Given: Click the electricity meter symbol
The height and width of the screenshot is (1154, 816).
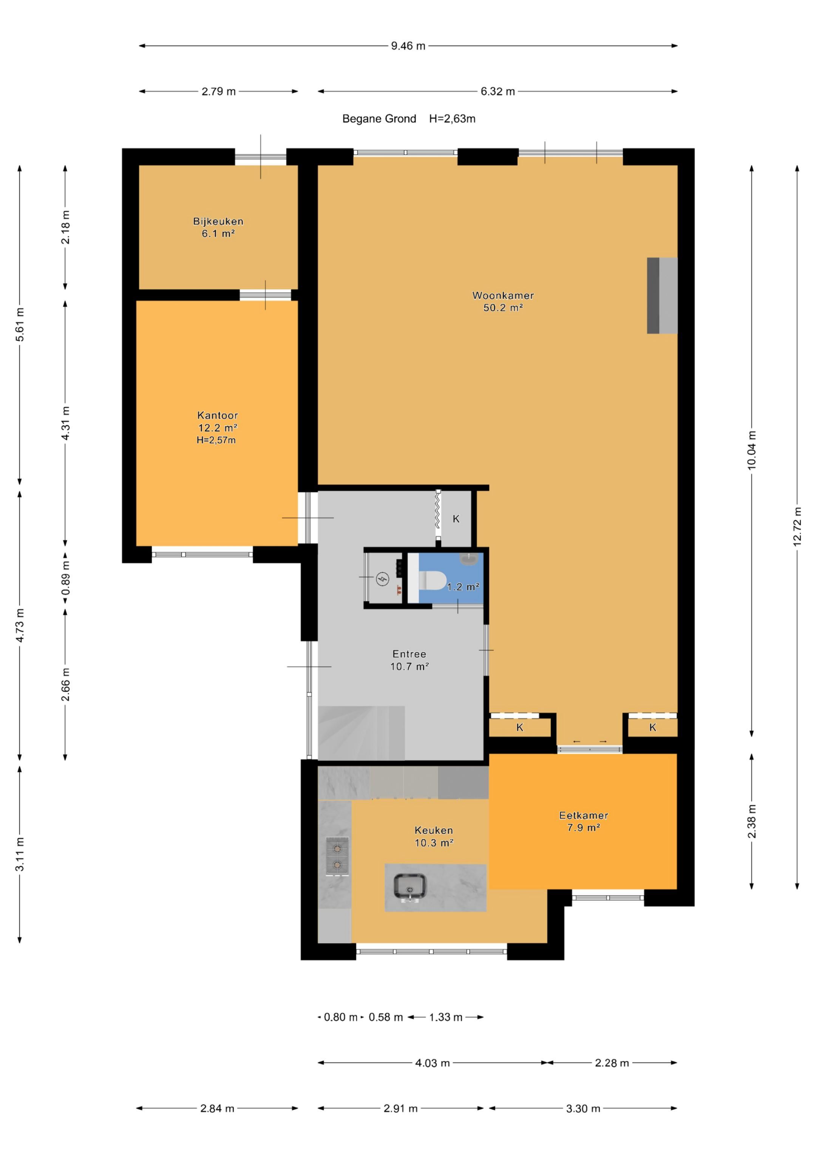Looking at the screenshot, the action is click(x=383, y=579).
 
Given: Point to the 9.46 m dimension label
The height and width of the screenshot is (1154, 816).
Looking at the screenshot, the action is click(x=408, y=46).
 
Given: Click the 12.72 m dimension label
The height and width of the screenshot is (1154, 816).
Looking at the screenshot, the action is click(x=797, y=526).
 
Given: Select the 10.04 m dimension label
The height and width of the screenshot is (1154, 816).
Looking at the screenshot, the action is click(x=752, y=450).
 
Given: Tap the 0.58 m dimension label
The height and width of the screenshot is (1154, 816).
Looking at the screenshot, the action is click(x=386, y=1017).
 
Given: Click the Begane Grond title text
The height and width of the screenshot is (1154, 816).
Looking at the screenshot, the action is click(x=379, y=119).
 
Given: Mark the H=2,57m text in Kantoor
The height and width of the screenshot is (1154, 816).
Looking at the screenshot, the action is click(x=216, y=440).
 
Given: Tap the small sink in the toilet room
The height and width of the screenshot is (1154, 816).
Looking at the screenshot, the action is click(x=470, y=559).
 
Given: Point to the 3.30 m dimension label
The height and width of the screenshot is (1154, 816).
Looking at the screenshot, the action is click(x=583, y=1109).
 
